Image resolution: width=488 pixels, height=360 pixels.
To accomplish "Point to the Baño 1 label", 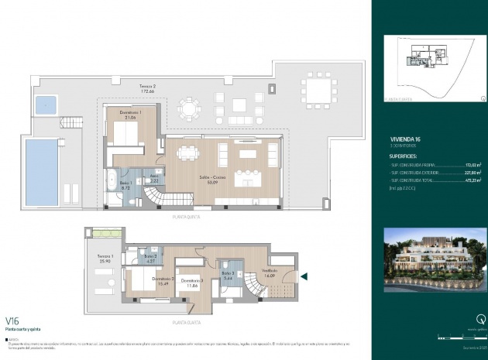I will tap(125, 185).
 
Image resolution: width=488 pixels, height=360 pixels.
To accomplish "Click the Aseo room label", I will tap(153, 178).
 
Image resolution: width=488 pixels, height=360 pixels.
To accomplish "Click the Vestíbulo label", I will tap(270, 273).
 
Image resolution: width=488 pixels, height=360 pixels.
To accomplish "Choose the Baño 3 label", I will tap(227, 275).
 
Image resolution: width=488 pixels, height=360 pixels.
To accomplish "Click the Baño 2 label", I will tap(151, 259).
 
